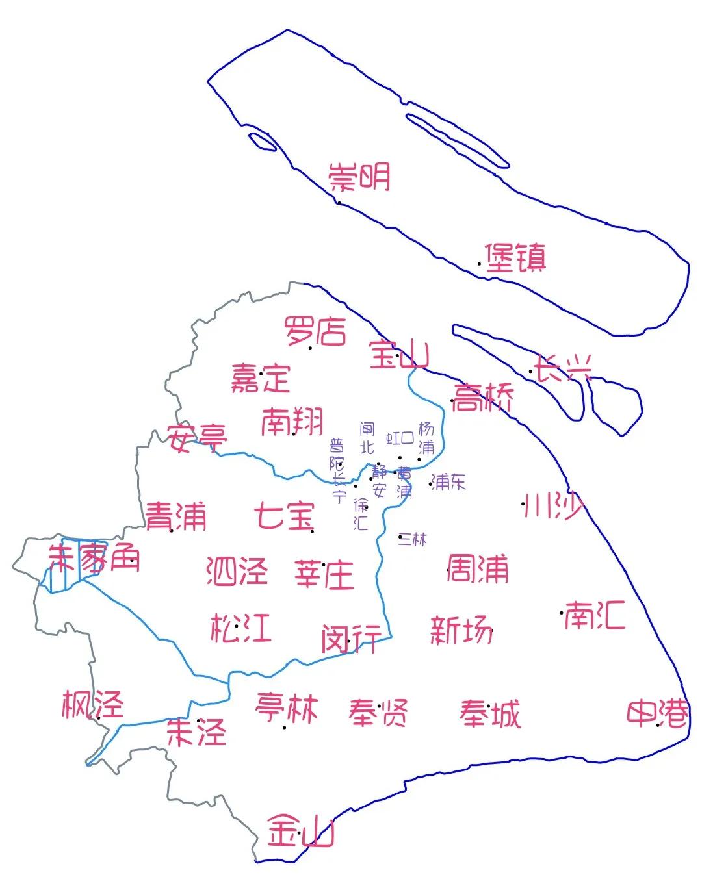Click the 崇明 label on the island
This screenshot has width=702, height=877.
(359, 177)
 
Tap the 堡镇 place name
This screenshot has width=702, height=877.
(515, 258)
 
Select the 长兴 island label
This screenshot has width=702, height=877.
(563, 369)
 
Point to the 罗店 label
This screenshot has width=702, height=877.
(315, 331)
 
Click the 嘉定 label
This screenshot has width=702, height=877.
(261, 377)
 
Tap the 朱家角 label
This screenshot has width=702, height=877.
(94, 559)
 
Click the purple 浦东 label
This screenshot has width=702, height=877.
(448, 481)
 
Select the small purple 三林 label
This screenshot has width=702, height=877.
(413, 539)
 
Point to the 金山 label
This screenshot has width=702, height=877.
(301, 831)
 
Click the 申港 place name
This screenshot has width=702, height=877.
(657, 714)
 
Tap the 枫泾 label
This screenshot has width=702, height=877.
(92, 705)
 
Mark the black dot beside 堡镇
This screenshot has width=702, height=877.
(480, 264)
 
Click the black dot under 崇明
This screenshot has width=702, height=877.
(339, 203)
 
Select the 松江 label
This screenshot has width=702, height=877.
(240, 628)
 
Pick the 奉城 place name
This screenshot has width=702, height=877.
(490, 714)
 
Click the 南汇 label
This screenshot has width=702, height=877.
(594, 615)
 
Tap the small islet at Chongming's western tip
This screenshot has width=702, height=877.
(263, 141)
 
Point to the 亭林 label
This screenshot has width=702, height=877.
(287, 707)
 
